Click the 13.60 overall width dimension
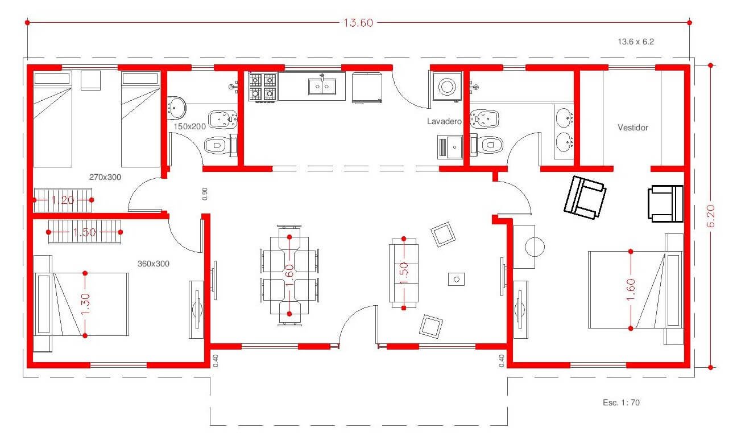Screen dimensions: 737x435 [x=358, y=23]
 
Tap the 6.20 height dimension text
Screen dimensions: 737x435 [x=710, y=216]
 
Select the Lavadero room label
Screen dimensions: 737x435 [x=444, y=121]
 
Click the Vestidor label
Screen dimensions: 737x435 [x=633, y=128]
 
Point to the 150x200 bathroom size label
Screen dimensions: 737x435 [x=189, y=126]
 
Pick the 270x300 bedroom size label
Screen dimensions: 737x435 [x=105, y=177]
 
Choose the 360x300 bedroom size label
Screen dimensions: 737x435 [x=154, y=264]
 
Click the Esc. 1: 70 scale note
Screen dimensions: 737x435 [x=621, y=403]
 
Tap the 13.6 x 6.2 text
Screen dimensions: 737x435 [x=636, y=42]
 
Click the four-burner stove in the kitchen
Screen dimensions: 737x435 [x=263, y=87]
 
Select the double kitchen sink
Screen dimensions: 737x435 [x=322, y=87]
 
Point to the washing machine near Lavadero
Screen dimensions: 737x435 [x=447, y=87]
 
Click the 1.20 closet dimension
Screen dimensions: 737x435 [x=63, y=200]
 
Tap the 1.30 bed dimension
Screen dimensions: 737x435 [x=85, y=304]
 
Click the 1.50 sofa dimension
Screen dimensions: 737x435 [x=404, y=273]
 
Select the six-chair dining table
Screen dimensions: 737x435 [x=289, y=276]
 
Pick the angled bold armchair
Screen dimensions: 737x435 [x=585, y=198]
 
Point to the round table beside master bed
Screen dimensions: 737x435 [x=535, y=247]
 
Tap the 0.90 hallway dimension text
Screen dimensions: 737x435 [x=205, y=194]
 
